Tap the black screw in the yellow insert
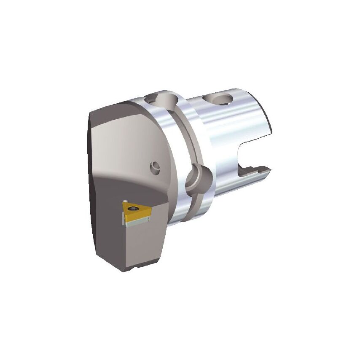[x=134, y=207]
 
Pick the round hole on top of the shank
[x=220, y=99]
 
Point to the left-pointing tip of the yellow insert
[x=123, y=205]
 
